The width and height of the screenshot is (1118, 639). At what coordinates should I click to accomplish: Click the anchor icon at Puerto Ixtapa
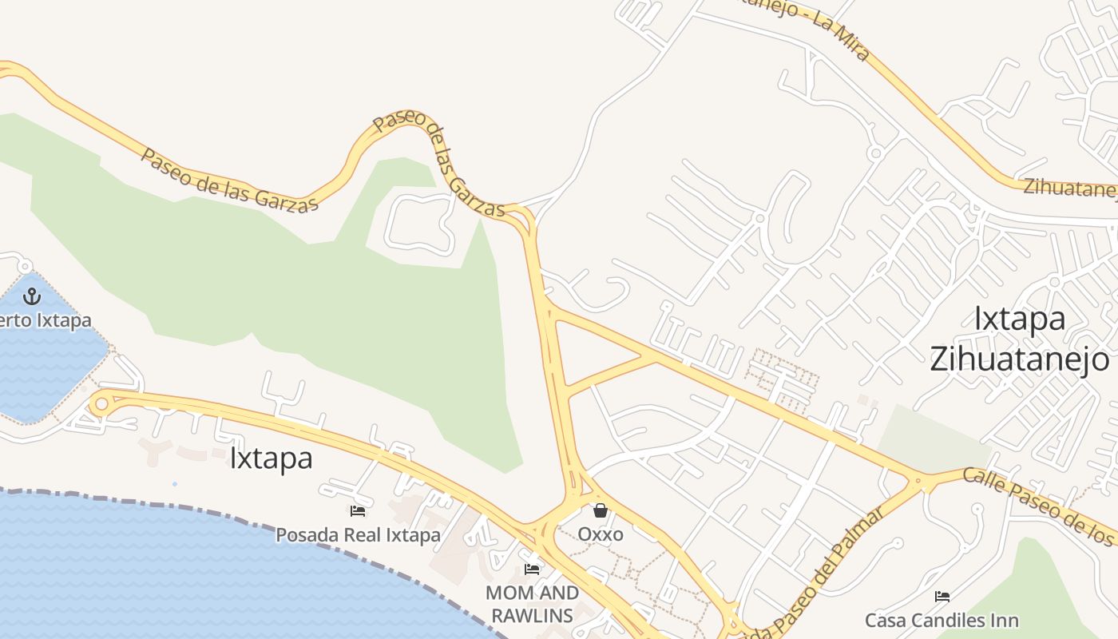pyautogui.click(x=31, y=297)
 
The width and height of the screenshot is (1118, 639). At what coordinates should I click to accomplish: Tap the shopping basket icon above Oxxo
pyautogui.click(x=601, y=510)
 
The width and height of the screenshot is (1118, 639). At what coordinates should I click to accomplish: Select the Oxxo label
pyautogui.click(x=601, y=534)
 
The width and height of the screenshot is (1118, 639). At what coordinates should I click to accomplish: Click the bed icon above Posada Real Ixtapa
pyautogui.click(x=358, y=511)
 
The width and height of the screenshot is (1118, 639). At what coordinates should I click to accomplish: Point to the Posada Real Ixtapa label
pyautogui.click(x=358, y=535)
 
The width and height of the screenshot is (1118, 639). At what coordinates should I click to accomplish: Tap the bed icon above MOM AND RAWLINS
pyautogui.click(x=532, y=570)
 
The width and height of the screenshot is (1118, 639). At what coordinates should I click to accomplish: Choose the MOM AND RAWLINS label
pyautogui.click(x=532, y=604)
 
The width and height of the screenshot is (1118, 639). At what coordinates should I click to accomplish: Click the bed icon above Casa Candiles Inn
pyautogui.click(x=942, y=597)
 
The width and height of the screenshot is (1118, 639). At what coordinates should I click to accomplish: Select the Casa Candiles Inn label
pyautogui.click(x=942, y=621)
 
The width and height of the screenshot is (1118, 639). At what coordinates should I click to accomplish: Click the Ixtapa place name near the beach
pyautogui.click(x=271, y=458)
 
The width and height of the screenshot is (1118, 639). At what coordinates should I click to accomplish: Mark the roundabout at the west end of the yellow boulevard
pyautogui.click(x=101, y=403)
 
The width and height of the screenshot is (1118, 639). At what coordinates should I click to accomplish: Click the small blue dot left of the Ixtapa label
pyautogui.click(x=175, y=484)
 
